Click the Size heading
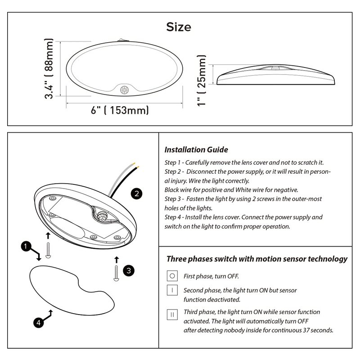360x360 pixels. (179, 27)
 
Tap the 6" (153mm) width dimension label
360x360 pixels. (120, 110)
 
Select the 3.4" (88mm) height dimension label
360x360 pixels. (49, 69)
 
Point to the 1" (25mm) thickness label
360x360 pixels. (201, 81)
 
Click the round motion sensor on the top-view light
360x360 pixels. (124, 90)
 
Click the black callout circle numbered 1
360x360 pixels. (26, 246)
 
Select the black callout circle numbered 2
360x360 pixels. (136, 193)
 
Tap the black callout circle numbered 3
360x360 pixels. (129, 271)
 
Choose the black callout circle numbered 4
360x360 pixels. (39, 323)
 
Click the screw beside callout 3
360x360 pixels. (116, 273)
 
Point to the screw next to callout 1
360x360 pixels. (48, 250)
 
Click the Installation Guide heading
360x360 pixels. (196, 150)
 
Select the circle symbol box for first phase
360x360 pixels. (172, 276)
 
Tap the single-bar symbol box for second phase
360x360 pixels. (172, 290)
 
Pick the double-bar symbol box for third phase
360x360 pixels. (172, 315)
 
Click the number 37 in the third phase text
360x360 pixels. (306, 330)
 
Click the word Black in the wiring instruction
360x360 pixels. (171, 190)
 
